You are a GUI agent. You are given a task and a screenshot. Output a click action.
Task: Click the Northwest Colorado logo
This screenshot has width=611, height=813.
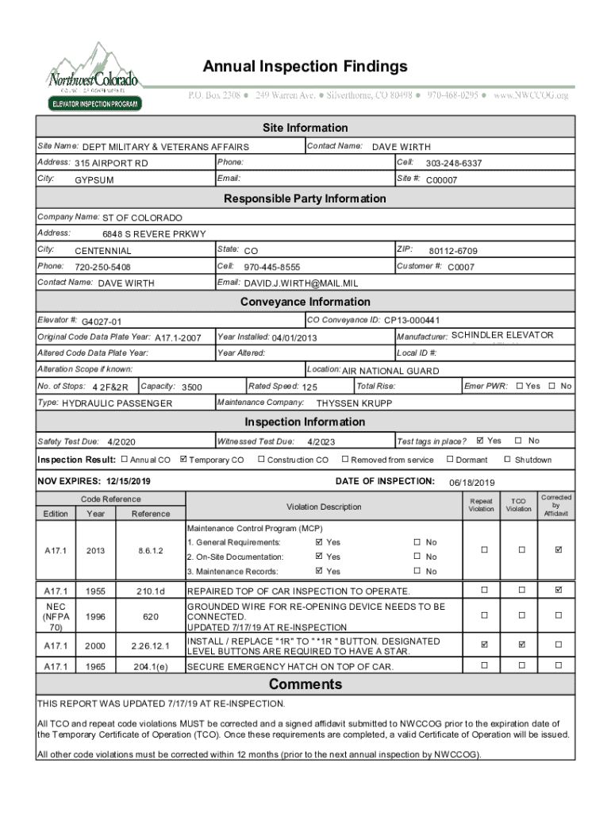tap(94, 76)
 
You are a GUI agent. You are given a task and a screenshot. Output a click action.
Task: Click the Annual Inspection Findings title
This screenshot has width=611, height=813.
tap(305, 66)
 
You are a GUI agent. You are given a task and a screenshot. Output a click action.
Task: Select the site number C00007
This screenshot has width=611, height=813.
tap(442, 180)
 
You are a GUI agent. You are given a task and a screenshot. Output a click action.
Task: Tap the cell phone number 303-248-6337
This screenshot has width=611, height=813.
tap(453, 164)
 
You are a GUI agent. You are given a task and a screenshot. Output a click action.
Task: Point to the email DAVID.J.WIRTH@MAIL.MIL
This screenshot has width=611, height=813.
tap(301, 283)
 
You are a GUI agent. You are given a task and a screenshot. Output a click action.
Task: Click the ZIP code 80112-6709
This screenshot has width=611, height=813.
tap(453, 251)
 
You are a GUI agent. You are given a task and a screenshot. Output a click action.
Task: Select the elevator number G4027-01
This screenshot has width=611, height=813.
tap(102, 322)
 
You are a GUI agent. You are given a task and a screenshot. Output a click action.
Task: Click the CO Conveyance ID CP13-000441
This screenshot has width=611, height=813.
tap(412, 321)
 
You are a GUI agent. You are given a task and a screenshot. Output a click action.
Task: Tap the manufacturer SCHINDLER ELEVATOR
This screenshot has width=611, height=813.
tap(502, 335)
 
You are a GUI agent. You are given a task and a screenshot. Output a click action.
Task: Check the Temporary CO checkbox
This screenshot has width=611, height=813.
tap(184, 460)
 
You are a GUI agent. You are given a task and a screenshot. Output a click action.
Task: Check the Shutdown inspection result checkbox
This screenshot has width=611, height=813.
tap(508, 460)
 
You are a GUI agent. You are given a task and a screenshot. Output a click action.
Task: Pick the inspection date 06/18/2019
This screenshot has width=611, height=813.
tap(471, 483)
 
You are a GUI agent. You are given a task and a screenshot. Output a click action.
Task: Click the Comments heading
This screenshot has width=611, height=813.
tap(305, 684)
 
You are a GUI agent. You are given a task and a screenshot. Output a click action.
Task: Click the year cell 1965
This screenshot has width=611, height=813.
tap(96, 667)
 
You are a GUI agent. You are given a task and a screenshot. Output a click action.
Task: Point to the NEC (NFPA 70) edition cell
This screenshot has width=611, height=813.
tap(56, 616)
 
